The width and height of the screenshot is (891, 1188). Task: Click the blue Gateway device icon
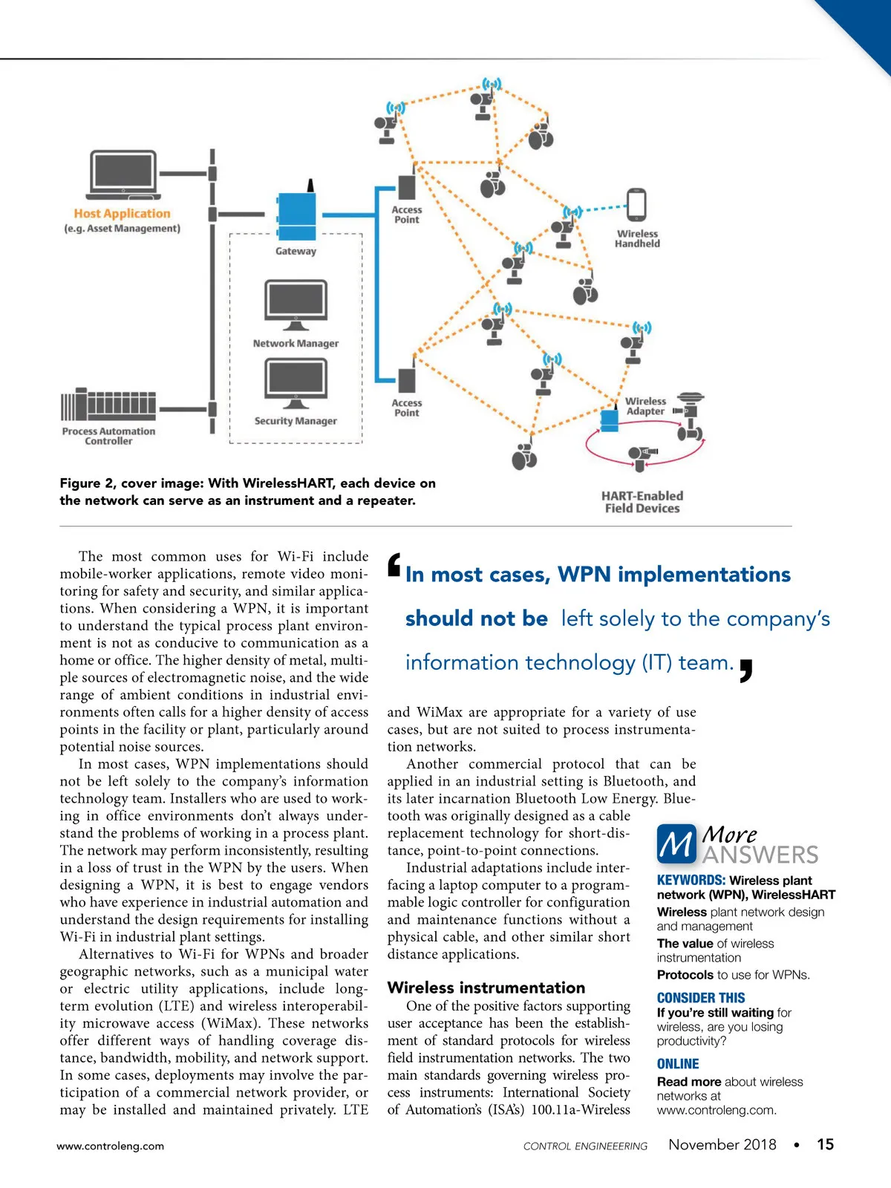(296, 215)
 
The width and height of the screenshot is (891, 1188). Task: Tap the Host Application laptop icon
(124, 175)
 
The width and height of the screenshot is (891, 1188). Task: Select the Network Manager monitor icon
(296, 304)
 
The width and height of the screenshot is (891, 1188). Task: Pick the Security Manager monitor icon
(296, 382)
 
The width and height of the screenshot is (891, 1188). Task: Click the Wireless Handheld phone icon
(637, 205)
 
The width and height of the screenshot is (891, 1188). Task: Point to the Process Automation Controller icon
(108, 405)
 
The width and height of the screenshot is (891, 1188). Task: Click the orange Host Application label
(122, 213)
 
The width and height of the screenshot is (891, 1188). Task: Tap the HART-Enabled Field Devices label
(642, 502)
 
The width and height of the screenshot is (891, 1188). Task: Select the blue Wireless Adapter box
(610, 420)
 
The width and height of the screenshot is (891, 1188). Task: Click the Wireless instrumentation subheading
(486, 988)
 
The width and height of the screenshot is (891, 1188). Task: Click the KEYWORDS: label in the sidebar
(691, 880)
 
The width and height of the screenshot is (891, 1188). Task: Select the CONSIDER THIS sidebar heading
(701, 998)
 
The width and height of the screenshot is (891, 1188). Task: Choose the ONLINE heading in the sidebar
(678, 1064)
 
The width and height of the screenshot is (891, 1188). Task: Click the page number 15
(825, 1144)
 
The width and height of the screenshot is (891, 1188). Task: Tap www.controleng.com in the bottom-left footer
(111, 1146)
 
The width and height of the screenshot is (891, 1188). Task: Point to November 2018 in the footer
(722, 1144)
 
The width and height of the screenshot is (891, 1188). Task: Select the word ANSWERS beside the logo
(760, 855)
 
